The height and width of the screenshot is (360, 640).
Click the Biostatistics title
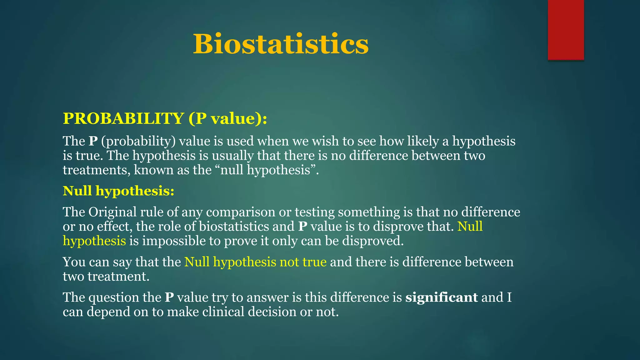(281, 44)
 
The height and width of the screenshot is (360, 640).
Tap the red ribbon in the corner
(566, 30)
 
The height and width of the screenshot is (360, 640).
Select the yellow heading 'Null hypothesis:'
(118, 191)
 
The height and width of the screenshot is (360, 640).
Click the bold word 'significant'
(441, 297)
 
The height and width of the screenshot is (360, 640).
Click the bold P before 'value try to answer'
(169, 297)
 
